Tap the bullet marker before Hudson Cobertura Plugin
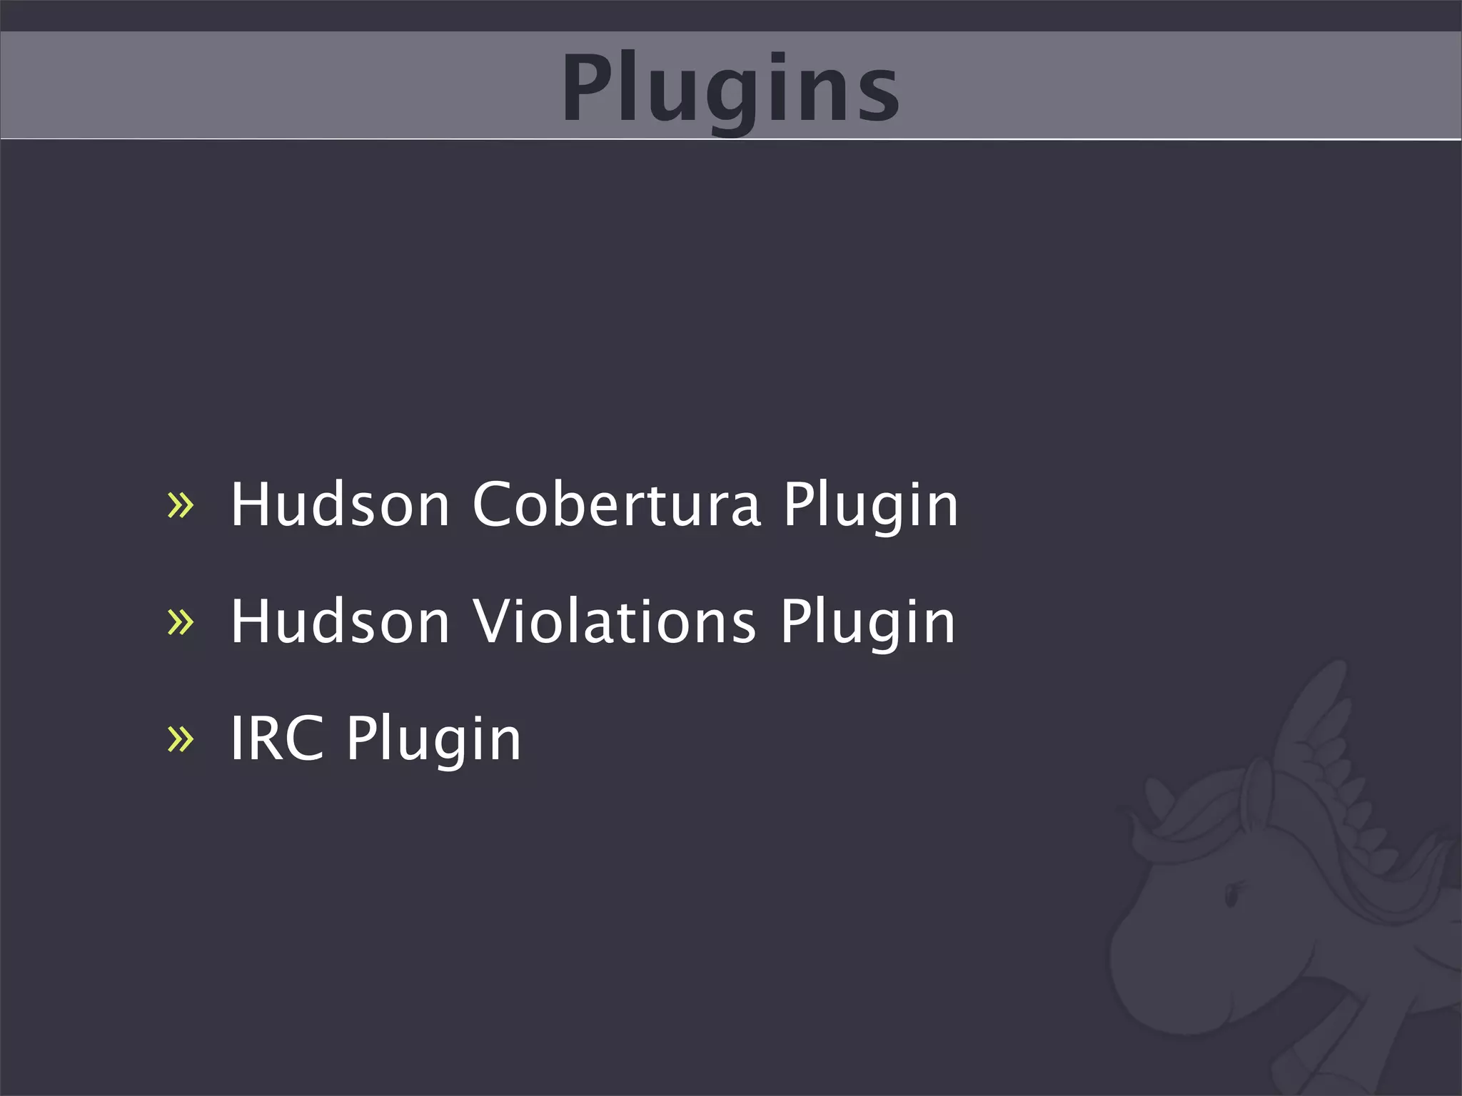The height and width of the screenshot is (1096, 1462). (180, 504)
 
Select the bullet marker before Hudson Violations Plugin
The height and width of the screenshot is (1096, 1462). (180, 621)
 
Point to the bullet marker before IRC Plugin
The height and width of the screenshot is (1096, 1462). (180, 739)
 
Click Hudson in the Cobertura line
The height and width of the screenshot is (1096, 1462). (340, 504)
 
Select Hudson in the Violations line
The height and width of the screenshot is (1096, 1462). (340, 621)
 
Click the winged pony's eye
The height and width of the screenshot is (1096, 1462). (1232, 893)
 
